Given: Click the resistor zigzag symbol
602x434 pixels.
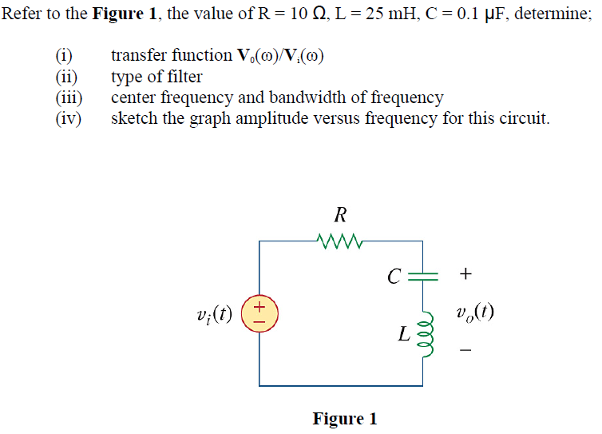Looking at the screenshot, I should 341,239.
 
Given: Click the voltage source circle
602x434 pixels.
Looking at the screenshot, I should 259,313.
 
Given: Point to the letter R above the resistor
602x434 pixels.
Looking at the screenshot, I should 341,214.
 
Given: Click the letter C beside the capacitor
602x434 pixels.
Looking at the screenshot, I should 393,277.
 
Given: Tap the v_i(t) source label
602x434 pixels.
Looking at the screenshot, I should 214,313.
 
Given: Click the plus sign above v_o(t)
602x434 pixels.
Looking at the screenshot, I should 466,275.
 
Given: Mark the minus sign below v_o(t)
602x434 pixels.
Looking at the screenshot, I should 466,350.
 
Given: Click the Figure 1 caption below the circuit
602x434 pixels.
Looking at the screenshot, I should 345,419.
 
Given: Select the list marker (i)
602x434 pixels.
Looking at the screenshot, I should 64,56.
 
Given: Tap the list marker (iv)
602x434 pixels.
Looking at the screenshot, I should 68,119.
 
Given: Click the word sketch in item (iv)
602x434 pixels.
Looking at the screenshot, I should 132,119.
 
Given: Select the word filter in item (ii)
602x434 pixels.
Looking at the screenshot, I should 184,77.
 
